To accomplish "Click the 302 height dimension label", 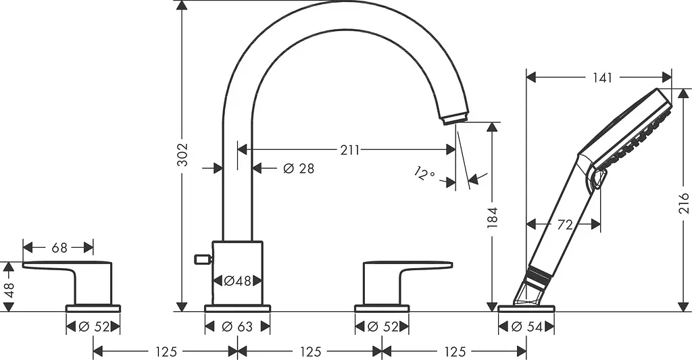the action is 182,155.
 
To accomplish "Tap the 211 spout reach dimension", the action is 349,150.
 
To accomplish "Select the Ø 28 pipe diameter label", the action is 299,168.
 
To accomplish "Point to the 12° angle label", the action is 424,173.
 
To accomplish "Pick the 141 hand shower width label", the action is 602,78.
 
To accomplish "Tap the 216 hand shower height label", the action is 684,203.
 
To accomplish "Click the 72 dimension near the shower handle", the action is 565,225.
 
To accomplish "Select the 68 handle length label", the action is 59,248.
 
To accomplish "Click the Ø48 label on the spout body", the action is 237,280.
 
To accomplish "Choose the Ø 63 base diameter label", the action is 237,326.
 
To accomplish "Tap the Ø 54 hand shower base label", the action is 526,327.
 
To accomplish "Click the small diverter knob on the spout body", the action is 203,259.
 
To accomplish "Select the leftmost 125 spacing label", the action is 166,352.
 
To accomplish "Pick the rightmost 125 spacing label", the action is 455,352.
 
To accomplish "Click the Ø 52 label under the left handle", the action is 93,327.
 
